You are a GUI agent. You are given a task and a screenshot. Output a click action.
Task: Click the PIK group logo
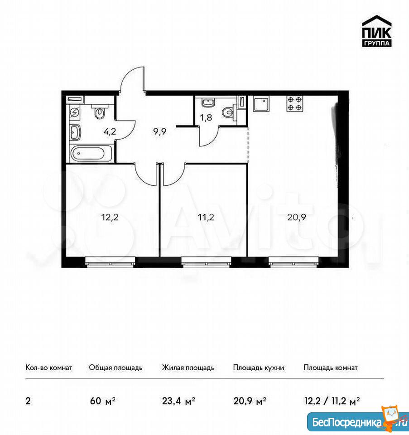[376, 31]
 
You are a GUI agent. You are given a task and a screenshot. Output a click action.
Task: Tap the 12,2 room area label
[110, 217]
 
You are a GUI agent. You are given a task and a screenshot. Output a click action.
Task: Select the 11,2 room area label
[206, 217]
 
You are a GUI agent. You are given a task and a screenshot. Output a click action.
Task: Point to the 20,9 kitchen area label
[296, 217]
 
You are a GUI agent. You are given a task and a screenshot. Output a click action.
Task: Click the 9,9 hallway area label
[160, 131]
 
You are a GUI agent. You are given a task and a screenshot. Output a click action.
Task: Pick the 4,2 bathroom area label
[110, 131]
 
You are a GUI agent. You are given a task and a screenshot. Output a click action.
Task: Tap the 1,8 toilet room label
[206, 118]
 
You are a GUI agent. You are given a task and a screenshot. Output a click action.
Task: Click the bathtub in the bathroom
[91, 153]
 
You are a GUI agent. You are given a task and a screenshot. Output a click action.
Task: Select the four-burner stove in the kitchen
[295, 103]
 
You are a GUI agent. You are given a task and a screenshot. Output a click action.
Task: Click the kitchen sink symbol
[261, 103]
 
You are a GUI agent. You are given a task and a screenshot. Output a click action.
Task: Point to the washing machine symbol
[75, 113]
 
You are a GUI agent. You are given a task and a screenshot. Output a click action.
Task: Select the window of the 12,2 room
[110, 261]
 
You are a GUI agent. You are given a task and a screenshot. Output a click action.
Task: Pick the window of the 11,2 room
[206, 261]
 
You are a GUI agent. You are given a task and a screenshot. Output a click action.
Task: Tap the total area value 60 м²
[103, 401]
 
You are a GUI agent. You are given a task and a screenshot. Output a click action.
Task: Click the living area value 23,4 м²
[178, 401]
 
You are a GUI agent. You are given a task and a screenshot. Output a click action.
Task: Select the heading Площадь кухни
[259, 368]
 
